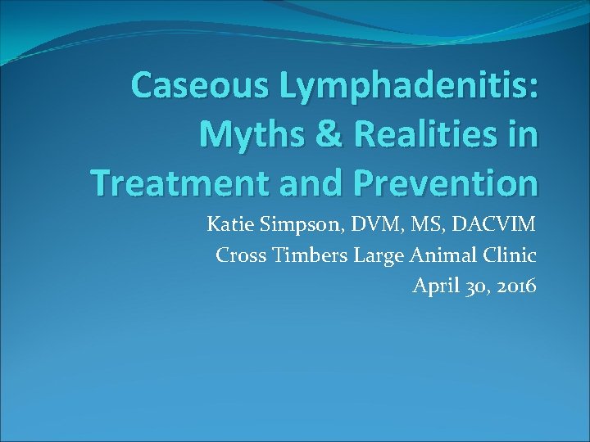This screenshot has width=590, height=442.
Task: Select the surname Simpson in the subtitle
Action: [x=299, y=225]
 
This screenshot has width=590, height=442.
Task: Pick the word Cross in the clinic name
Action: [x=238, y=255]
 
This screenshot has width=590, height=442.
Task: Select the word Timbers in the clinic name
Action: [x=308, y=255]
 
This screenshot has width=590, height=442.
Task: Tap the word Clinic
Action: [x=511, y=255]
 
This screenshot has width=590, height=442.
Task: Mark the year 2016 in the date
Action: [x=515, y=286]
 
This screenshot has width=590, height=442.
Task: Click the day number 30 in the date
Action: [x=473, y=287]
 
